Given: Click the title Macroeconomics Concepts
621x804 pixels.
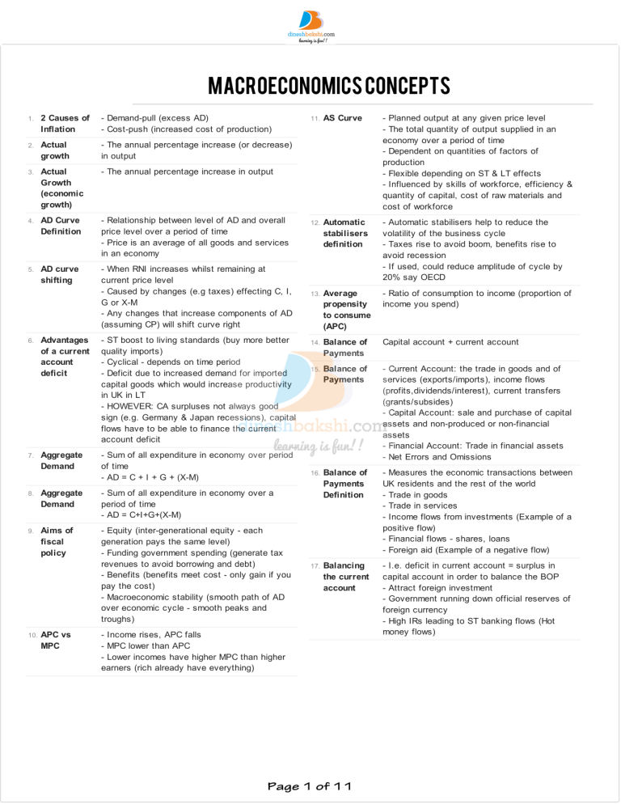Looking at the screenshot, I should [310, 86].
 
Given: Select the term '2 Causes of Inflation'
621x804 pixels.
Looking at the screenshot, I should [58, 123].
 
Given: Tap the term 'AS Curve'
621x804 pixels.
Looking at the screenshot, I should [342, 118].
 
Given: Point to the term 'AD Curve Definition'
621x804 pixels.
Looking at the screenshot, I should [61, 225].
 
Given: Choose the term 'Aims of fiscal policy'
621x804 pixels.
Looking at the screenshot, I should [57, 541].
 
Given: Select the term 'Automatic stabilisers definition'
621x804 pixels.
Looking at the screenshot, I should [345, 233].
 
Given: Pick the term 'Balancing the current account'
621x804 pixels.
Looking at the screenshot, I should [346, 576].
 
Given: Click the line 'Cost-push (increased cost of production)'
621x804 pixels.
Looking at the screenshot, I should [185, 129].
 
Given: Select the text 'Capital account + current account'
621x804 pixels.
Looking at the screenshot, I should [450, 342].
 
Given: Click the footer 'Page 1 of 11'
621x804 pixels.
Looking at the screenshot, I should [310, 785].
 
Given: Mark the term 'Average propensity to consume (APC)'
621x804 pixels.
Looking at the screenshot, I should [347, 310].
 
